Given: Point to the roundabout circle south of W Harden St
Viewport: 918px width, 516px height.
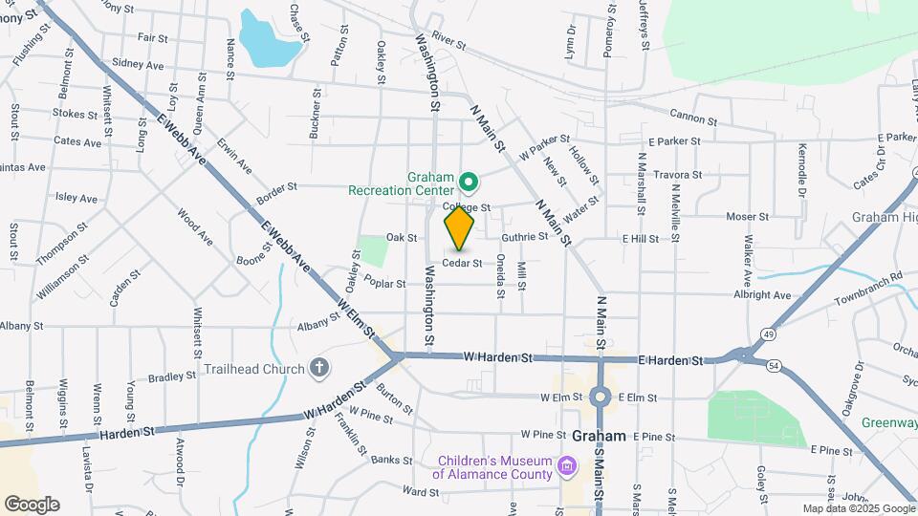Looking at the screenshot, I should tap(601, 397).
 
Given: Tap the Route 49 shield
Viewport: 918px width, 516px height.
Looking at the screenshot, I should tap(769, 334).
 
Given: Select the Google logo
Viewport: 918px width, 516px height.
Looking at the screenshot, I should tap(32, 504).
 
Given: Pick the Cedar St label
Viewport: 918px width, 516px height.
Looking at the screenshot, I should tap(461, 262).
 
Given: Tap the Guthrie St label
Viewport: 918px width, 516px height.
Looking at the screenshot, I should tap(524, 236).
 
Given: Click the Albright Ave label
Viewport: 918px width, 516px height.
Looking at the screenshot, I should tap(762, 296).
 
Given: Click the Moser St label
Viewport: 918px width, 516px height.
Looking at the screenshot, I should tap(747, 217).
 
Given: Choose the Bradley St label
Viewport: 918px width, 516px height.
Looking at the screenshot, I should tap(172, 376).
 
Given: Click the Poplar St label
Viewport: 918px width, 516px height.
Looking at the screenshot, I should tap(385, 284).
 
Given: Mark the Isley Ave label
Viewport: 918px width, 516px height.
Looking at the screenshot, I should tap(76, 199).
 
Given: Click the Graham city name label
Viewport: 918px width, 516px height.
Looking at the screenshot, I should tap(600, 436).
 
